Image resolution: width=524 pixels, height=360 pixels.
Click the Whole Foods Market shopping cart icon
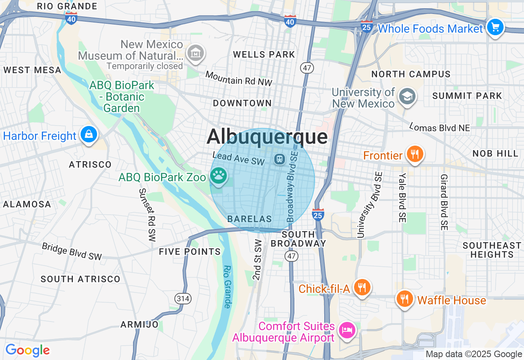(495, 27)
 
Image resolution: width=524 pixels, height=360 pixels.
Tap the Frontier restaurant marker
(415, 154)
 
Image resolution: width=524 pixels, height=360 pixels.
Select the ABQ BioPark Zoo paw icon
(219, 175)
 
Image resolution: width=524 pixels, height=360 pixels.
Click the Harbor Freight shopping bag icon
(88, 134)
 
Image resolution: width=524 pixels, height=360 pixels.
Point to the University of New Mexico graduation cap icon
(407, 97)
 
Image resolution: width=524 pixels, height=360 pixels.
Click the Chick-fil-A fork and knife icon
(361, 287)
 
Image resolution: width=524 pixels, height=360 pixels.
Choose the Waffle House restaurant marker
(404, 299)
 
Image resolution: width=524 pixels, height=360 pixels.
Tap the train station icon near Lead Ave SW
(280, 159)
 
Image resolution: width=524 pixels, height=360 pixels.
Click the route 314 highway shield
(183, 299)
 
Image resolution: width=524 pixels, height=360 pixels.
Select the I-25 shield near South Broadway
(318, 214)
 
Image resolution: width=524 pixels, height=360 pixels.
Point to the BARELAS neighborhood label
(250, 219)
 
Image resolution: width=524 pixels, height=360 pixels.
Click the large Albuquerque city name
(267, 137)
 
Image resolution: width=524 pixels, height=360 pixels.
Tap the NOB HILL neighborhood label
(495, 153)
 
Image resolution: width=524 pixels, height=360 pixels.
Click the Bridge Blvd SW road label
(72, 251)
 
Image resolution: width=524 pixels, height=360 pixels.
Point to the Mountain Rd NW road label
(239, 79)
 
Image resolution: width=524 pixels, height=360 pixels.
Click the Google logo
(27, 351)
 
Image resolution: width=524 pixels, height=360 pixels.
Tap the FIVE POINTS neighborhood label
(190, 252)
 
